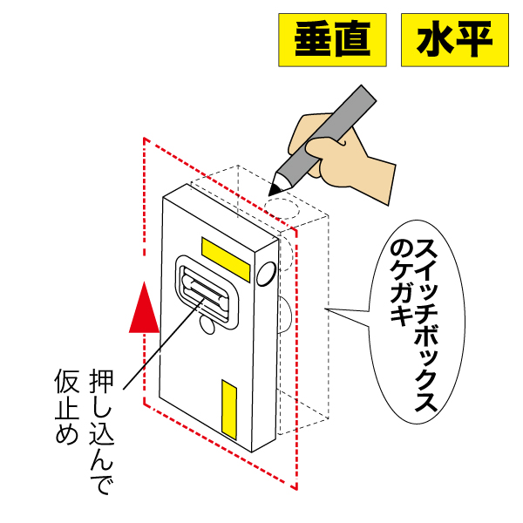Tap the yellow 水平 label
coord(454,40)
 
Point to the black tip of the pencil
coord(276,187)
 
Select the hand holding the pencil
coord(349,157)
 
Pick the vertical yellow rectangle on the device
coord(228,410)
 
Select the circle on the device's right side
coord(266,274)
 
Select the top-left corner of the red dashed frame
coord(144,139)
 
